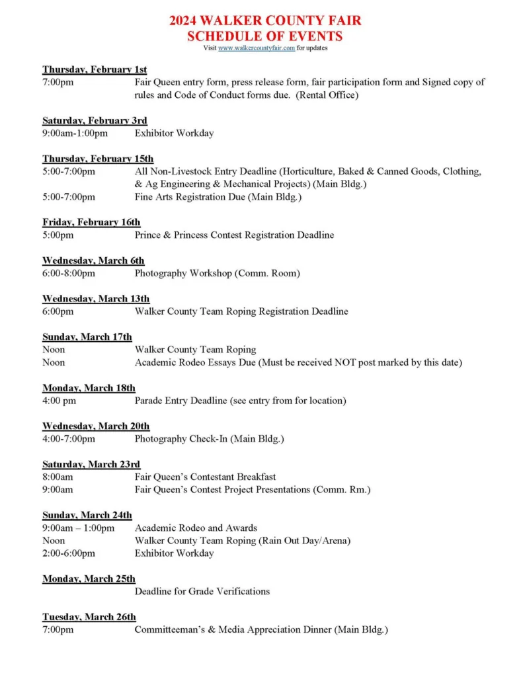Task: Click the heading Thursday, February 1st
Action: coord(95,69)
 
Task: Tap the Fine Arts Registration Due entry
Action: coord(218,197)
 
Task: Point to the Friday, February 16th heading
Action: coord(91,222)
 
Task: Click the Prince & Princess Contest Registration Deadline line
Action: coord(234,235)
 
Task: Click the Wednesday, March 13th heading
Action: coord(96,299)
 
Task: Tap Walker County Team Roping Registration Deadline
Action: coord(241,311)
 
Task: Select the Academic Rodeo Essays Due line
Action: coord(298,362)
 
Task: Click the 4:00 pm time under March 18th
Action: coord(59,401)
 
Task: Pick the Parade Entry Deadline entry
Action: coord(240,401)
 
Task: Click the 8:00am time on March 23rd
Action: coord(58,477)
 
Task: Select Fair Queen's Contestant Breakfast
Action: coord(205,477)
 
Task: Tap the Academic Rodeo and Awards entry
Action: coord(196,528)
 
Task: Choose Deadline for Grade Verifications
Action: coord(202,591)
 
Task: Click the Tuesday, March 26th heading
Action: coord(89,617)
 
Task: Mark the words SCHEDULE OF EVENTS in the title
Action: coord(264,36)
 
